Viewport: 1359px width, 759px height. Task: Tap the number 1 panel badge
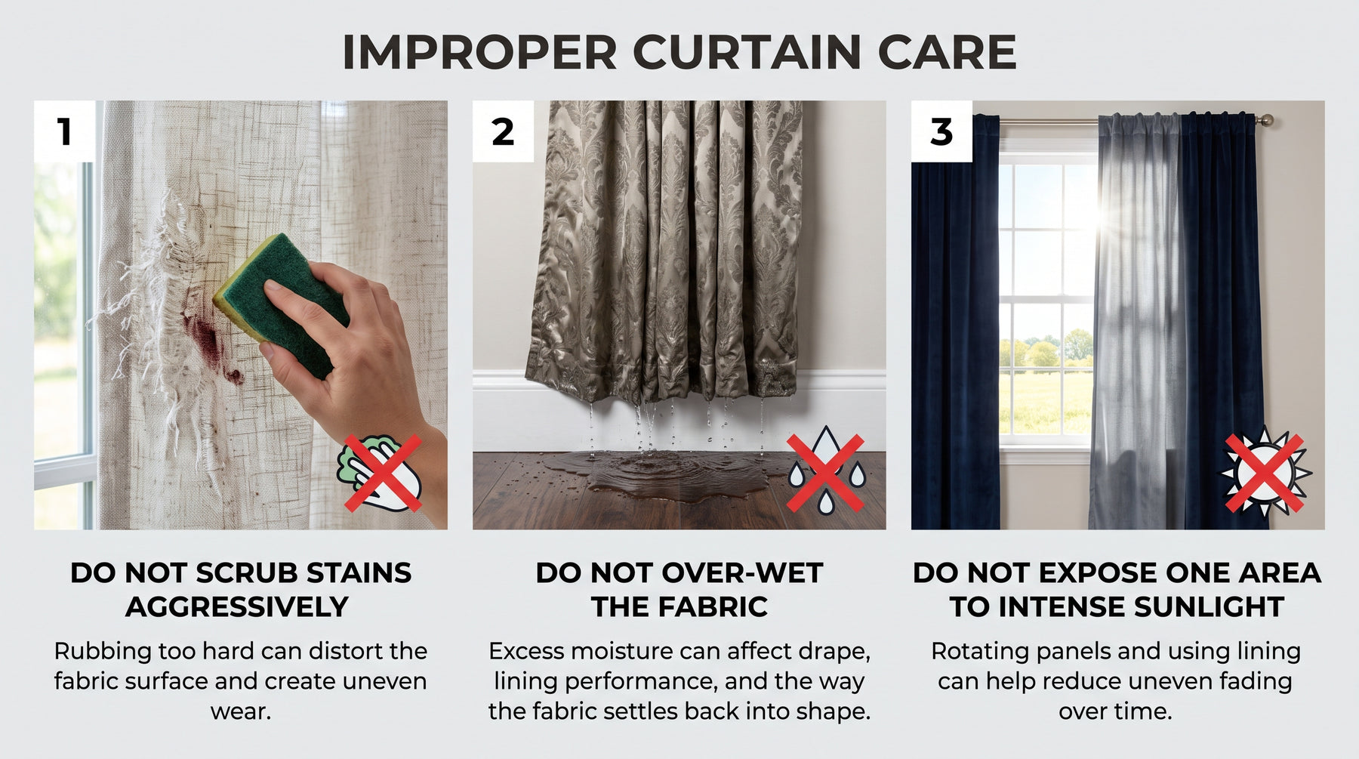[65, 131]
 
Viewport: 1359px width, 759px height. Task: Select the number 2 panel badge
[503, 131]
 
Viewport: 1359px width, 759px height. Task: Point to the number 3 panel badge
[941, 131]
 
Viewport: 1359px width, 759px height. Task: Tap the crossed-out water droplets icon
[825, 473]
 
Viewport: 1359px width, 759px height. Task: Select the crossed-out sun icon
[1265, 474]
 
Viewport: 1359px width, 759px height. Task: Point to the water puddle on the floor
[664, 476]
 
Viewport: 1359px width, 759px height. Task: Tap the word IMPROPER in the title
[479, 52]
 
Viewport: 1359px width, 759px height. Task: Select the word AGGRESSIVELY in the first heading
[237, 607]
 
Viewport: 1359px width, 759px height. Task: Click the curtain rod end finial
[1265, 120]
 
